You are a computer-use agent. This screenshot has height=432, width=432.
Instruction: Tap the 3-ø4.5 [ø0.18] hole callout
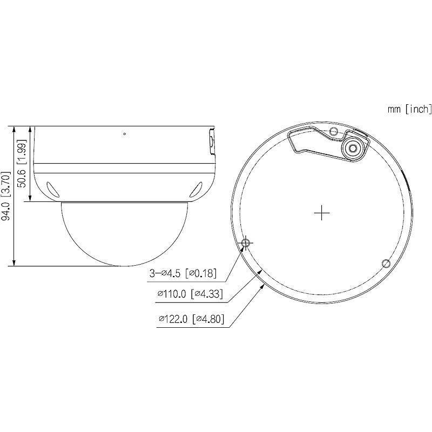pos(183,274)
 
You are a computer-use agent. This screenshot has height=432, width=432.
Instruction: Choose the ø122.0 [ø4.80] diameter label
pos(191,319)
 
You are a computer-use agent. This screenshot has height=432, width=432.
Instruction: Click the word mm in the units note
pos(393,110)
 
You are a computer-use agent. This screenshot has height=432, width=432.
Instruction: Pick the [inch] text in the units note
pos(418,110)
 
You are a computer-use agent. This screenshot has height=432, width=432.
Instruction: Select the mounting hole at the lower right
pos(386,263)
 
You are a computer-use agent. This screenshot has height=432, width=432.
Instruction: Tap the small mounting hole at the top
pos(334,132)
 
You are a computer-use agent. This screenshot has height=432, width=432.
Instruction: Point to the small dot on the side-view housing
pos(125,133)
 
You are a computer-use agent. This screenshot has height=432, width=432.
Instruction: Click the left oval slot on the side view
pos(53,188)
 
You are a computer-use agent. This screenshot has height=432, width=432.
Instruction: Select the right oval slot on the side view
pos(197,188)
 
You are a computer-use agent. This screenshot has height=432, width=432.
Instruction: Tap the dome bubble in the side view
pos(125,235)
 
